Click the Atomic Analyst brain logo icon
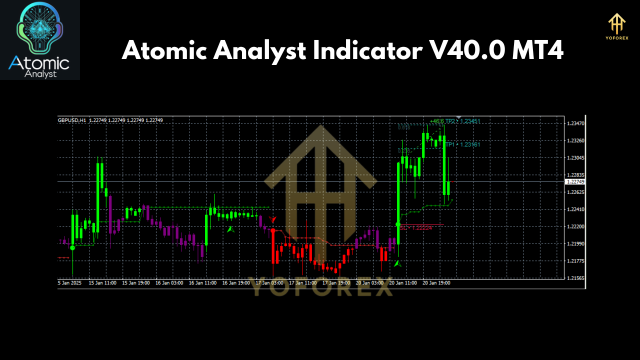click(x=40, y=30)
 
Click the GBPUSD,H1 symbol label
click(x=72, y=120)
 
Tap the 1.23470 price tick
click(x=574, y=123)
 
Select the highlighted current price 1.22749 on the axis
click(x=574, y=181)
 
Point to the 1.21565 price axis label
click(x=574, y=278)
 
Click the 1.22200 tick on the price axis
click(x=574, y=226)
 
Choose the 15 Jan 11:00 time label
click(x=102, y=283)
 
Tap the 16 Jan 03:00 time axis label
click(x=169, y=283)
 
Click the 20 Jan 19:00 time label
click(x=436, y=283)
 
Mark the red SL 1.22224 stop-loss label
click(x=415, y=227)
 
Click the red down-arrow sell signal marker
click(x=272, y=219)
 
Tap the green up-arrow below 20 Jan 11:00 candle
click(x=397, y=263)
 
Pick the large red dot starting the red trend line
click(x=273, y=230)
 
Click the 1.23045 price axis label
click(x=574, y=158)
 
